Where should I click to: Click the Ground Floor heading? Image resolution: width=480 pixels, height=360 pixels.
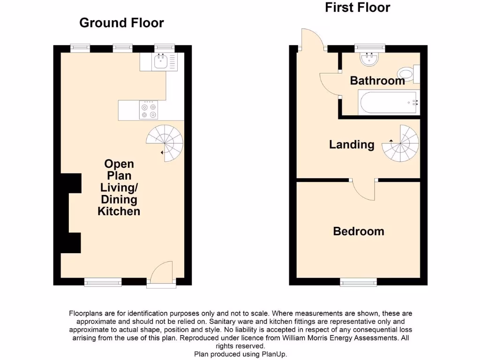click(121, 22)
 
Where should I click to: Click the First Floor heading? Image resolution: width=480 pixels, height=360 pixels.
click(357, 7)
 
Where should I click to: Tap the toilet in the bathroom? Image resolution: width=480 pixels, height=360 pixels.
click(407, 74)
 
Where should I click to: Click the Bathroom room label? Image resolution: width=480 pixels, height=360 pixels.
click(377, 81)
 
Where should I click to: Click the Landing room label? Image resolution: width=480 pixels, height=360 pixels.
click(352, 144)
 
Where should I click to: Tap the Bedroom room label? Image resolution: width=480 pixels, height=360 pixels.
click(359, 231)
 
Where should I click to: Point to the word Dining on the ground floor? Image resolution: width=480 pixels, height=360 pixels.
click(119, 200)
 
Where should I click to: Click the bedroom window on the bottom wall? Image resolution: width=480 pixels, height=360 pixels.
click(358, 282)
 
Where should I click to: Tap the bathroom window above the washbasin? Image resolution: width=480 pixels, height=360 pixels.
click(369, 47)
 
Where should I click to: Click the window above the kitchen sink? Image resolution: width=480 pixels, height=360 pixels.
click(164, 47)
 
